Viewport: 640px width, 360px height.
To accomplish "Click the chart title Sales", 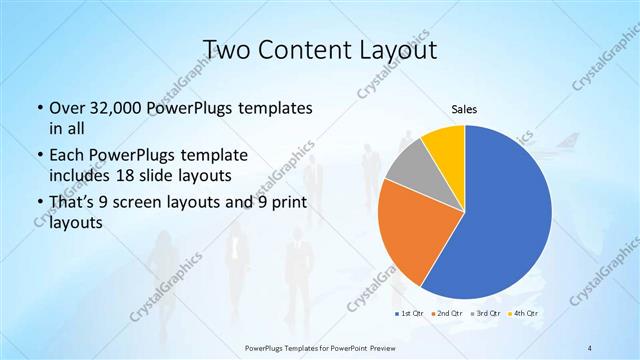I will [464, 109].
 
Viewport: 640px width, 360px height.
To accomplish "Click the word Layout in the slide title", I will [400, 49].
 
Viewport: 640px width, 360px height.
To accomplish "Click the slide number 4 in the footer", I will [590, 347].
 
